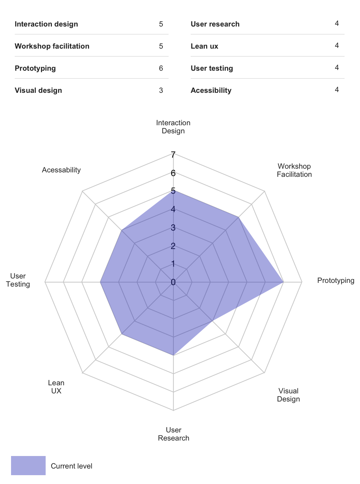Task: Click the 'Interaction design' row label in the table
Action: coord(46,24)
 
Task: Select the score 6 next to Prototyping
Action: coord(161,69)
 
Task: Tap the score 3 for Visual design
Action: coord(161,91)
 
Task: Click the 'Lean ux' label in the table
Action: coord(204,46)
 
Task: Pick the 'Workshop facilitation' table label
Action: coord(52,46)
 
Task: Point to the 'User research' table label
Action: coord(215,24)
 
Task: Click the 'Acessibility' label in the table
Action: coord(211,91)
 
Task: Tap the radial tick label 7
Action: coord(173,155)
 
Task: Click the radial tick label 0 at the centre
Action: coord(173,282)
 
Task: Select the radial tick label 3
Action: coord(173,228)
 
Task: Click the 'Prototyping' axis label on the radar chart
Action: coord(335,281)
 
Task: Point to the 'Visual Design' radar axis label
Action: coord(288,395)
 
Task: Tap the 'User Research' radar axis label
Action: coord(173,434)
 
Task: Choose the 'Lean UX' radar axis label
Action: coord(56,387)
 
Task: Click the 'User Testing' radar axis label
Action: coord(18,280)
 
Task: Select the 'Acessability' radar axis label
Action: coord(61,170)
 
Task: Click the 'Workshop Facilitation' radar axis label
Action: coord(294,170)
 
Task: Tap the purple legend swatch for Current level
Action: coord(28,466)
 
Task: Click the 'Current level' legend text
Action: coord(71,466)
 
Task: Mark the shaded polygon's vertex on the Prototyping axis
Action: coord(283,282)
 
